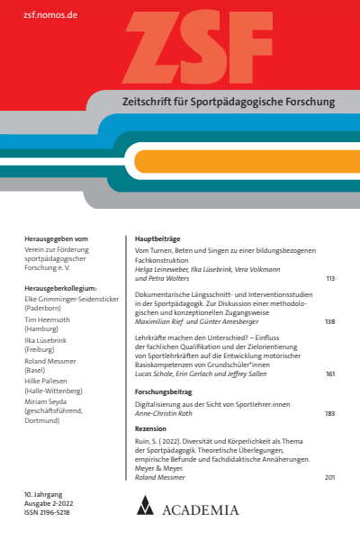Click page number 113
(x=330, y=279)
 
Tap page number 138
(x=330, y=322)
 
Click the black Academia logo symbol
(x=146, y=506)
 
